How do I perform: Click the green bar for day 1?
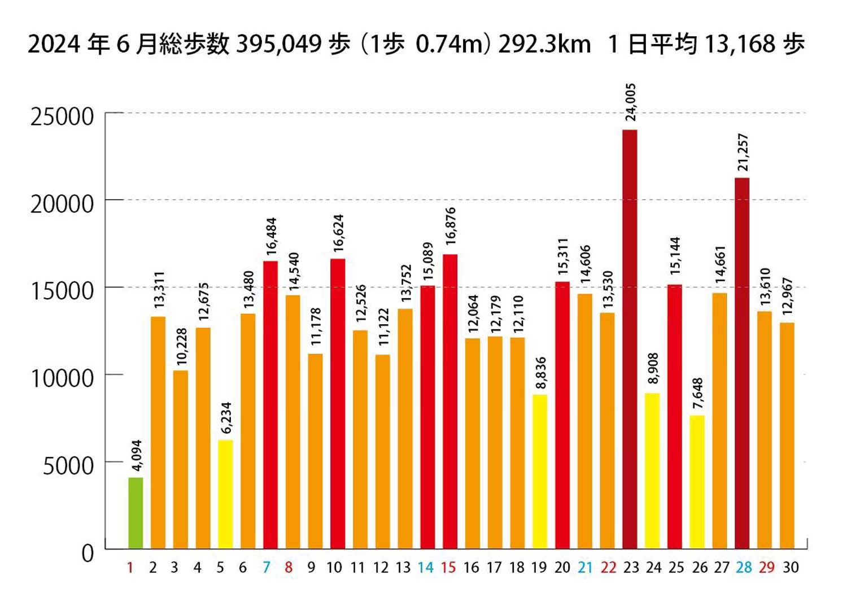click(x=136, y=513)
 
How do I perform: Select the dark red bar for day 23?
click(x=630, y=339)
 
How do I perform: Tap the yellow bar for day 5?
click(x=225, y=494)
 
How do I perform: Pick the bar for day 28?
click(x=742, y=363)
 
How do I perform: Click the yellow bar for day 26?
click(x=697, y=482)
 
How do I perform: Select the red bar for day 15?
click(x=450, y=401)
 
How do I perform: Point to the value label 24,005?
click(x=631, y=102)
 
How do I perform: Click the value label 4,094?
click(x=137, y=456)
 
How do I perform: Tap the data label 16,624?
click(x=338, y=233)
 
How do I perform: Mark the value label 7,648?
click(x=698, y=394)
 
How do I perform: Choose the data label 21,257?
click(x=743, y=152)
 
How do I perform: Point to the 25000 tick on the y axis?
click(x=62, y=117)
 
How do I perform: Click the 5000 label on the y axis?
click(x=68, y=465)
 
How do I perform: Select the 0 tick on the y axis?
click(x=88, y=553)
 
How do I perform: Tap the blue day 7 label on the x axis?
click(x=266, y=568)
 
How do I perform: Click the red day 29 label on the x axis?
click(x=766, y=568)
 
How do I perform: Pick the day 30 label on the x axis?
click(x=791, y=568)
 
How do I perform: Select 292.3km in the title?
click(x=544, y=44)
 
